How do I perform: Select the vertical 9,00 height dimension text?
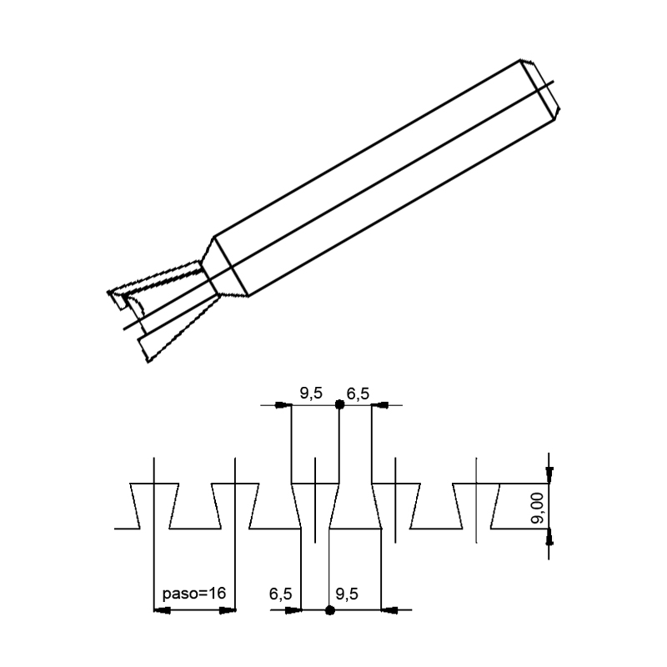pyautogui.click(x=538, y=506)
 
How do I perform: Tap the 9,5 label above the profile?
pyautogui.click(x=311, y=394)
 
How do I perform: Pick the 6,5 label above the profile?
pyautogui.click(x=359, y=394)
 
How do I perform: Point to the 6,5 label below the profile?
pyautogui.click(x=280, y=594)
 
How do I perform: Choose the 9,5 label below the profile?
pyautogui.click(x=346, y=594)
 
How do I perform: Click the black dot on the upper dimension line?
pyautogui.click(x=339, y=405)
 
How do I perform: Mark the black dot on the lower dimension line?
pyautogui.click(x=329, y=610)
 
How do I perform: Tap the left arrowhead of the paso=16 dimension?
pyautogui.click(x=163, y=610)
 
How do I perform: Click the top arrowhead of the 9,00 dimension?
pyautogui.click(x=549, y=474)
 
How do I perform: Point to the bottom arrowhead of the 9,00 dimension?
pyautogui.click(x=549, y=537)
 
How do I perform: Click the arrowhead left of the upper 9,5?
pyautogui.click(x=283, y=405)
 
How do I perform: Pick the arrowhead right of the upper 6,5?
pyautogui.click(x=379, y=405)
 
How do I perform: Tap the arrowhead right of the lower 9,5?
pyautogui.click(x=388, y=610)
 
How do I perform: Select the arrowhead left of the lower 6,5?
pyautogui.click(x=292, y=610)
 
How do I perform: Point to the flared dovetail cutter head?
pyautogui.click(x=167, y=308)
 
